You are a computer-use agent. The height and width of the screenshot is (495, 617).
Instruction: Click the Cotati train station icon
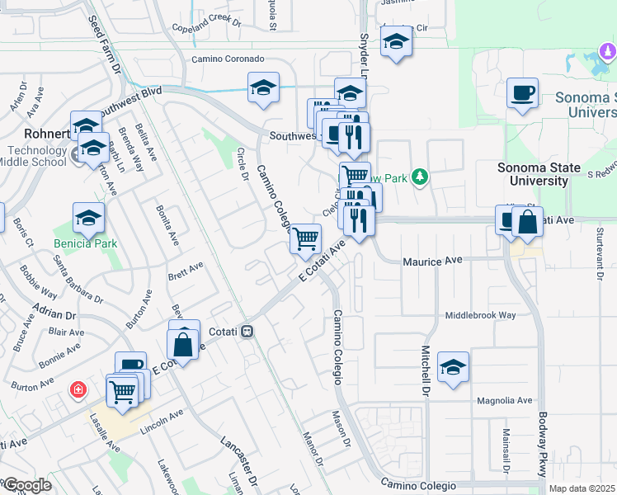coord(247,332)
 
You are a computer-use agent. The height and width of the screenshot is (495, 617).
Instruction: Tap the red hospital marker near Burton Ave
coord(78,388)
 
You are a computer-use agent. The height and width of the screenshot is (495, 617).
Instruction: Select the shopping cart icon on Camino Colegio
coord(306,240)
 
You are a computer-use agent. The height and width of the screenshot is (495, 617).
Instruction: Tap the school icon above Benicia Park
coord(88,219)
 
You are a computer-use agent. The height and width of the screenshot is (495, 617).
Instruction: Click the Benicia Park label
coord(86,243)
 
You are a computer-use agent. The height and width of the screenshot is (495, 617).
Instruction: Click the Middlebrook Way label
coord(480,315)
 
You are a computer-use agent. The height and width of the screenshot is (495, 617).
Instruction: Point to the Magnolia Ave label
coord(505,400)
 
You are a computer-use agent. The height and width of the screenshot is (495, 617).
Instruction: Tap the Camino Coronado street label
coord(228,59)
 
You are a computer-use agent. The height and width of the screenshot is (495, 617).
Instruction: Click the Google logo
coord(27,485)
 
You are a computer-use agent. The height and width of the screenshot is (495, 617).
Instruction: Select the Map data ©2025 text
coord(582,488)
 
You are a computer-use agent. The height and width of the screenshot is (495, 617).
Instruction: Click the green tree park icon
coord(420,177)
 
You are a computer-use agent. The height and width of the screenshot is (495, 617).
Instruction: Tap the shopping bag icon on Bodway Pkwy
coord(527,222)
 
